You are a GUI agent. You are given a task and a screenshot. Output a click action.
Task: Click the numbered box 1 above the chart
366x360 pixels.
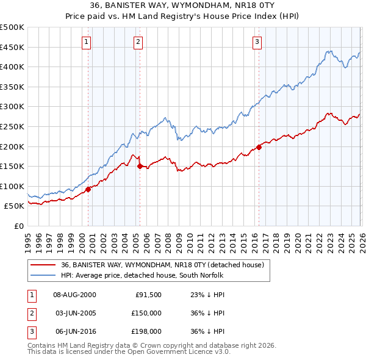coord(87,42)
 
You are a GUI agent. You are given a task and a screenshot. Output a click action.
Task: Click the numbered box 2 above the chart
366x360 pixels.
coord(138,42)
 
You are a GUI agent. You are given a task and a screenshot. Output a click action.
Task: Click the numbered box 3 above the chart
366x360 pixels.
coord(257,42)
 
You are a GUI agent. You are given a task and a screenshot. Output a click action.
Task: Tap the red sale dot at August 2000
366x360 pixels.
coord(88,189)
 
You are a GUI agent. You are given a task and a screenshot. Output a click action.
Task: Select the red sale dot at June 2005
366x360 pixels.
coord(140,166)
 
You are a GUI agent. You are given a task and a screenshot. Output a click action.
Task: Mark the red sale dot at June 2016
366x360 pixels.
coord(259,146)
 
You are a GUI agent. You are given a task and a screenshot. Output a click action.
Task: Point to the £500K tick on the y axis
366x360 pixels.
coord(12,27)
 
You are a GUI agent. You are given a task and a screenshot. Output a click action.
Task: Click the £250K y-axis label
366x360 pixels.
coord(12,126)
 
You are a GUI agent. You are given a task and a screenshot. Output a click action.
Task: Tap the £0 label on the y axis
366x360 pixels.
coord(19,226)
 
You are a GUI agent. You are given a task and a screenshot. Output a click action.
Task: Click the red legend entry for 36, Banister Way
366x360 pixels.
coord(162,265)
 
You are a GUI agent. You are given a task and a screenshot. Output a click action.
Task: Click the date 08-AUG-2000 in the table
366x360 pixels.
coord(74,294)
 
